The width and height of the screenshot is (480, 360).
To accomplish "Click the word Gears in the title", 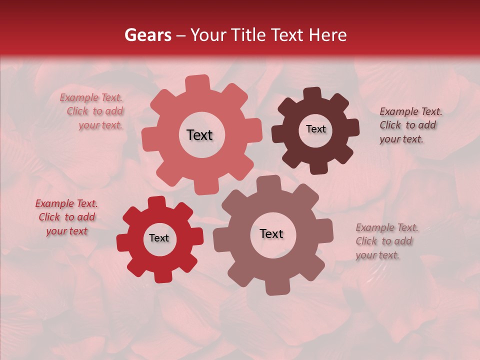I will tap(148, 35).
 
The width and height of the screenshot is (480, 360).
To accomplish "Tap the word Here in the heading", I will tap(327, 35).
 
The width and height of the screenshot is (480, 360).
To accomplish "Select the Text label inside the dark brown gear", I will tap(315, 129).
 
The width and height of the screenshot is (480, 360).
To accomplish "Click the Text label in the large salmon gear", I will tap(199, 135).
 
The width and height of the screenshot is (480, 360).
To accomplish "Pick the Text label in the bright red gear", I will tap(159, 238).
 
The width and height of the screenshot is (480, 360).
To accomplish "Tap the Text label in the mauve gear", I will tap(271, 234).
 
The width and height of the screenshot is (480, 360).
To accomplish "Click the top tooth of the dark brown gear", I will tap(312, 94).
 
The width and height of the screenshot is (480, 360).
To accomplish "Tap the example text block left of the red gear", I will tap(66, 217).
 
